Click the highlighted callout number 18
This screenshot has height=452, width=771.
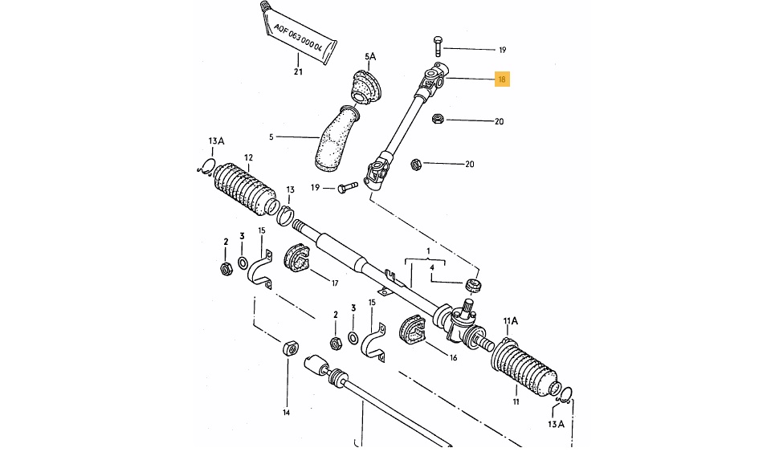(x=502, y=79)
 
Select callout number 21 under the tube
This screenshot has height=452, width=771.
(x=298, y=71)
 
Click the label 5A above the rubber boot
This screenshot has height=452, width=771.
(x=370, y=57)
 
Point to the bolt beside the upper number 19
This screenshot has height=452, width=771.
(x=438, y=46)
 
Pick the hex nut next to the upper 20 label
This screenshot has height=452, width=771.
(x=438, y=119)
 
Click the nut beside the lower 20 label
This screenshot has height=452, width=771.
(x=415, y=164)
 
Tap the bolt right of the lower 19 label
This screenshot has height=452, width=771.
(x=348, y=187)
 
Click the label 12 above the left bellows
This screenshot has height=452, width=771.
(x=248, y=157)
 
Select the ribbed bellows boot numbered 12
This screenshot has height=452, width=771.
(x=246, y=189)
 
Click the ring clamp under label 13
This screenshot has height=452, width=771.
(x=285, y=214)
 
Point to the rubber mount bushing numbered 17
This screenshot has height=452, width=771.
(x=297, y=256)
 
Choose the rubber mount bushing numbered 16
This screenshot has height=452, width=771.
(x=412, y=330)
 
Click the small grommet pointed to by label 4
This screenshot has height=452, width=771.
(x=472, y=285)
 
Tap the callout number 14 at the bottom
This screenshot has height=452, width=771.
(x=286, y=413)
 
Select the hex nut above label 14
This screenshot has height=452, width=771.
(x=289, y=348)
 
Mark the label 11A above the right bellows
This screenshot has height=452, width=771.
(x=511, y=321)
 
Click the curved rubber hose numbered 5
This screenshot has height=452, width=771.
(x=336, y=139)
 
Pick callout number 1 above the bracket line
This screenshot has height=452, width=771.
(x=428, y=251)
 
